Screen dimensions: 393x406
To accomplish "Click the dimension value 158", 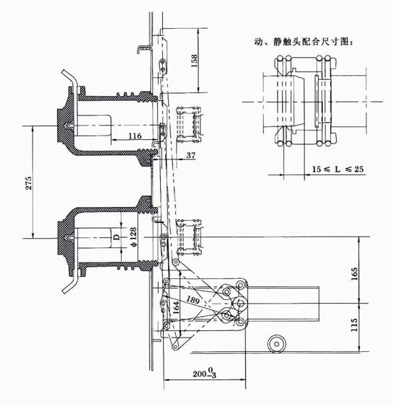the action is (x=194, y=61).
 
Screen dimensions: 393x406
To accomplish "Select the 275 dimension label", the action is (x=29, y=183).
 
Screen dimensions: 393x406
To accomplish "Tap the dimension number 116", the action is (x=135, y=136).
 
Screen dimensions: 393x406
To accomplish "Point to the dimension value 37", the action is (x=191, y=155).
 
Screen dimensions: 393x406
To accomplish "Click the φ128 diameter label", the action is (x=133, y=237).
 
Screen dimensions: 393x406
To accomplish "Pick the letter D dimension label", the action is (x=117, y=237).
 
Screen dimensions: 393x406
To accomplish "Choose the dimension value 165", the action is (x=354, y=273).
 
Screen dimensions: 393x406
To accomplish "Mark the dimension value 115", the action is (x=354, y=325).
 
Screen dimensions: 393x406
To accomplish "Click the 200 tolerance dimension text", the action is (x=205, y=373).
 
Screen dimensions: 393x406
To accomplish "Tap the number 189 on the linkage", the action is (x=193, y=299).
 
